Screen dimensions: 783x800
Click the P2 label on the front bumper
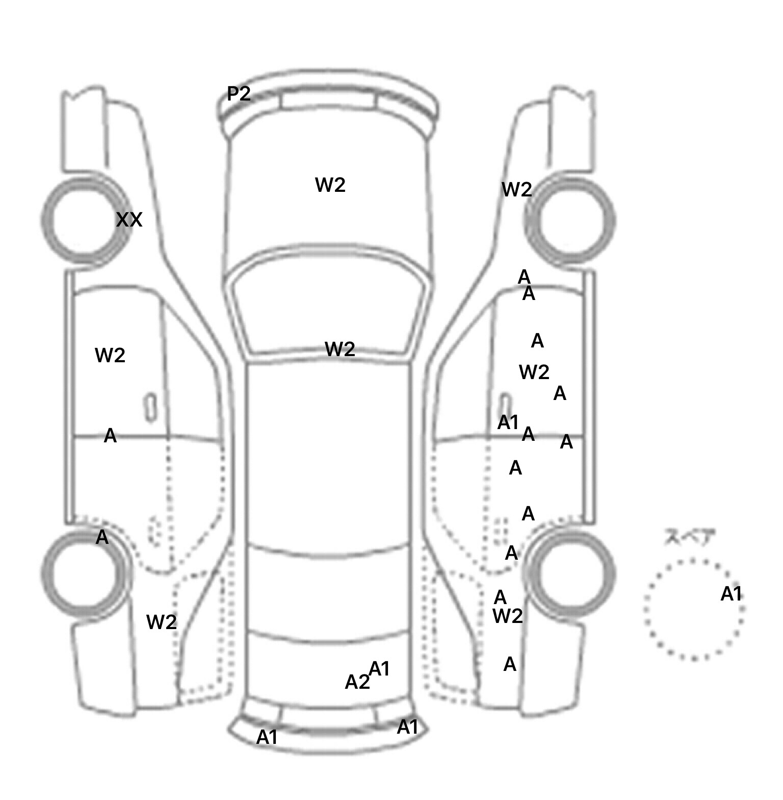pyautogui.click(x=239, y=94)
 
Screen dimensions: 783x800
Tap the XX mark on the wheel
pyautogui.click(x=129, y=220)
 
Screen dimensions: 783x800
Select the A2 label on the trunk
pyautogui.click(x=357, y=682)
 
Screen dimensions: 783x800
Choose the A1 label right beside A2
pyautogui.click(x=379, y=668)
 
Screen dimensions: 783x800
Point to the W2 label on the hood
pyautogui.click(x=330, y=185)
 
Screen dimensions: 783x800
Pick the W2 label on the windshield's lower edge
pyautogui.click(x=340, y=349)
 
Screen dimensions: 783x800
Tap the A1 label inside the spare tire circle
pyautogui.click(x=731, y=594)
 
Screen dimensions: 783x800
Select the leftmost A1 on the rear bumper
pyautogui.click(x=267, y=737)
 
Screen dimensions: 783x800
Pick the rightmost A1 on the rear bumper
pyautogui.click(x=407, y=727)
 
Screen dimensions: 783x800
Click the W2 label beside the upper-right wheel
pyautogui.click(x=517, y=190)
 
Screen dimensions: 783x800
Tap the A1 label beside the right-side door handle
pyautogui.click(x=508, y=422)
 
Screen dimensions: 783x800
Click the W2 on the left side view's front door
pyautogui.click(x=110, y=355)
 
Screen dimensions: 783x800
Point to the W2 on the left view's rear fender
pyautogui.click(x=162, y=622)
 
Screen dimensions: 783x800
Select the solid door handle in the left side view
pyautogui.click(x=150, y=408)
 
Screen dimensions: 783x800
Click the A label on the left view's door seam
pyautogui.click(x=110, y=436)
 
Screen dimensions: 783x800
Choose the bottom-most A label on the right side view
pyautogui.click(x=510, y=664)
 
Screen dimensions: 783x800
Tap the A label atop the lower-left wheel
pyautogui.click(x=102, y=537)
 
